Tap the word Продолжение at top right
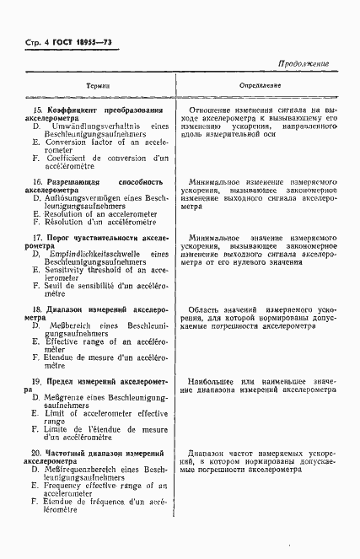pyautogui.click(x=302, y=64)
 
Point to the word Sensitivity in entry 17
pyautogui.click(x=72, y=271)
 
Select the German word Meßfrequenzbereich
pyautogui.click(x=89, y=469)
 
